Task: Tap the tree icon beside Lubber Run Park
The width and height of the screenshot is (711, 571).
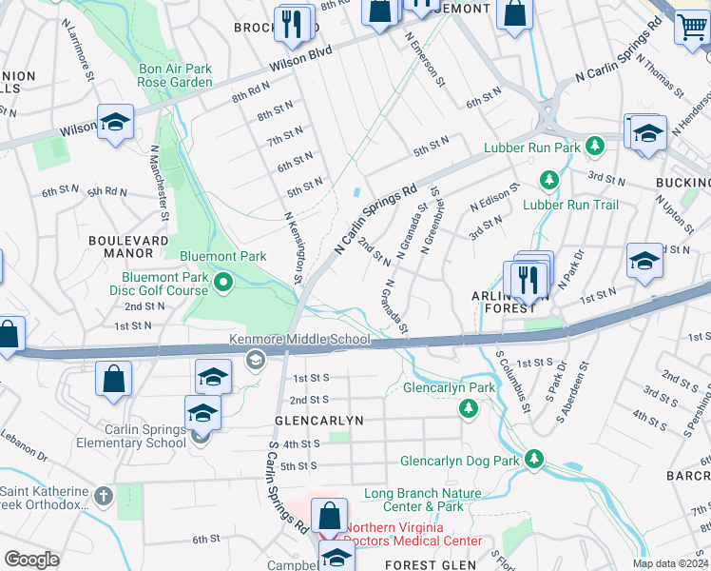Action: [x=595, y=147]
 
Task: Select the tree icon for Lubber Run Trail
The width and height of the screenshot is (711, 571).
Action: [x=548, y=179]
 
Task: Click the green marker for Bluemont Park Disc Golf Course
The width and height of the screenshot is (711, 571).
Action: [x=224, y=281]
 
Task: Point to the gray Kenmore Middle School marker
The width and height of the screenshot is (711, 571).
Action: [x=254, y=359]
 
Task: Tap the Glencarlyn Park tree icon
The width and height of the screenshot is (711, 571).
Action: [x=468, y=408]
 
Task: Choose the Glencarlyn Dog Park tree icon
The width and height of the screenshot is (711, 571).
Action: [x=534, y=461]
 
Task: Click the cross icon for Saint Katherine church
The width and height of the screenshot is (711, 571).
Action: [x=105, y=496]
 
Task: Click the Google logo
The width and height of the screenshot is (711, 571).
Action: [x=31, y=560]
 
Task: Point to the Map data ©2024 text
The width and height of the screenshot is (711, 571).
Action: [x=669, y=563]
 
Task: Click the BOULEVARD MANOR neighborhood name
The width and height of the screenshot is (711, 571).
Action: [x=121, y=247]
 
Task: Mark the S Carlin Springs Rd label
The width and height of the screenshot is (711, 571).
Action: [x=285, y=485]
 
